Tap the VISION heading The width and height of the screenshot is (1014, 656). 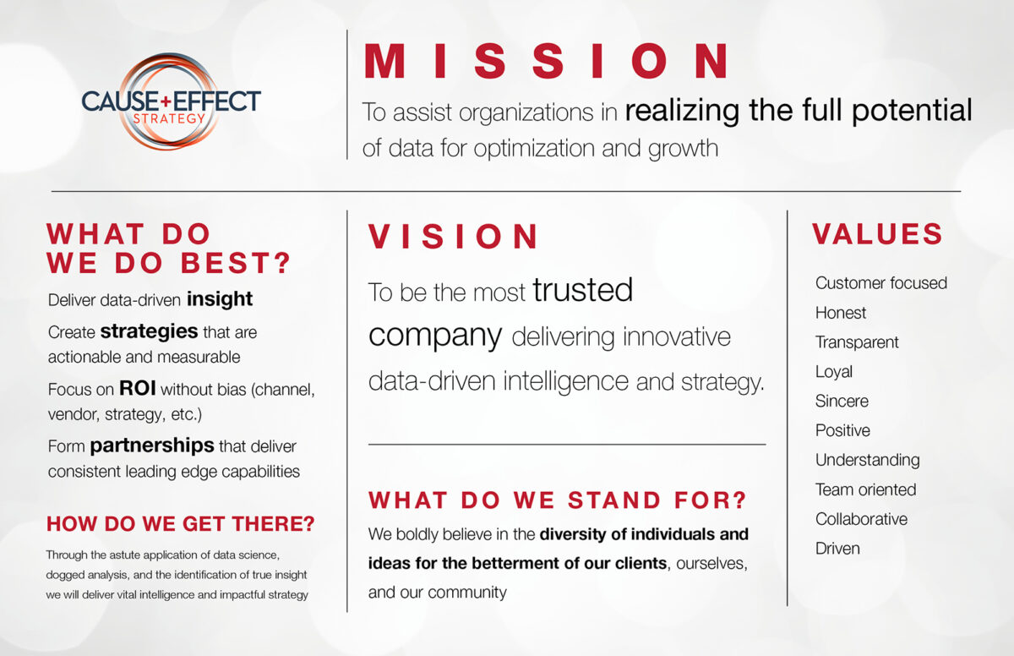(x=454, y=238)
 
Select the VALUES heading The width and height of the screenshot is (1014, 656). (x=877, y=234)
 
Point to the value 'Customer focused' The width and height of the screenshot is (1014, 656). (x=880, y=283)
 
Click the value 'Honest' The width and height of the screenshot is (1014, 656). (x=841, y=313)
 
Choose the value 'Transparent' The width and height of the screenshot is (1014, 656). (x=857, y=342)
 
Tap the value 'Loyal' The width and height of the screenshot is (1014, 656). (x=834, y=372)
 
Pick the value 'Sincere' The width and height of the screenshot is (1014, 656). (x=842, y=402)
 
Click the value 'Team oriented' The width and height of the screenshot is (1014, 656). (x=865, y=489)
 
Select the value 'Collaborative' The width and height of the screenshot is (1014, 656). (x=861, y=519)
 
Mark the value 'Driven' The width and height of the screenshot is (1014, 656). (x=837, y=549)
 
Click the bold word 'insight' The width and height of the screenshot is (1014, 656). (x=220, y=299)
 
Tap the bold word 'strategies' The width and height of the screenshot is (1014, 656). (x=149, y=331)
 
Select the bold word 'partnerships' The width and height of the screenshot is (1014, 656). (x=152, y=446)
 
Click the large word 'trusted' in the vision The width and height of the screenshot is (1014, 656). (x=582, y=291)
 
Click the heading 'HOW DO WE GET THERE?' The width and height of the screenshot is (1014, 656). (x=180, y=524)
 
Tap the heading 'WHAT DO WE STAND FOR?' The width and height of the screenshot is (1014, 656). (x=558, y=500)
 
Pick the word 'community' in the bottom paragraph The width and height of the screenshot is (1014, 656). (x=468, y=592)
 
